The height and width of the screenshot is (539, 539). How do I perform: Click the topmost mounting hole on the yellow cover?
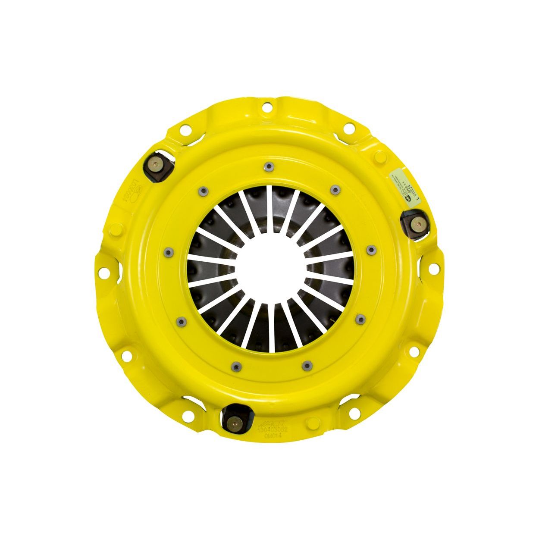(266, 105)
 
